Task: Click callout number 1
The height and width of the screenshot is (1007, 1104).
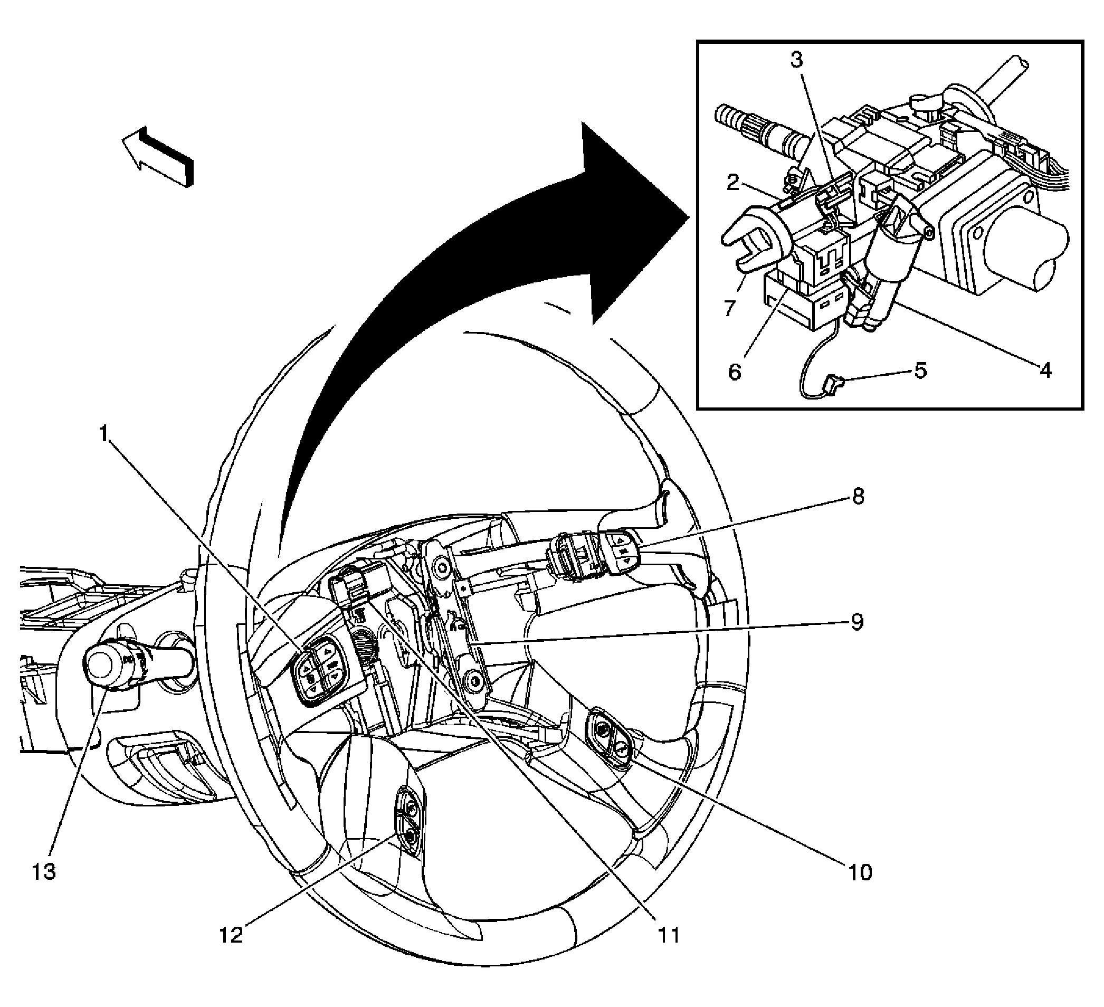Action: pos(103,434)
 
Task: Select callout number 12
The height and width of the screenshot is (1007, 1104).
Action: pos(231,934)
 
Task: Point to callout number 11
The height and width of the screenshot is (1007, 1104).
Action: pos(669,934)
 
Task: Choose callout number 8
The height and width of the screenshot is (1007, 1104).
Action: pos(858,497)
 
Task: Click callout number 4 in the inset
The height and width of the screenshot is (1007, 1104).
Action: pos(1045,370)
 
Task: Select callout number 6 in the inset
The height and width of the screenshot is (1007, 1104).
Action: pos(735,373)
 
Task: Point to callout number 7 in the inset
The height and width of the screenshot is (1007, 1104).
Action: pos(729,308)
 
